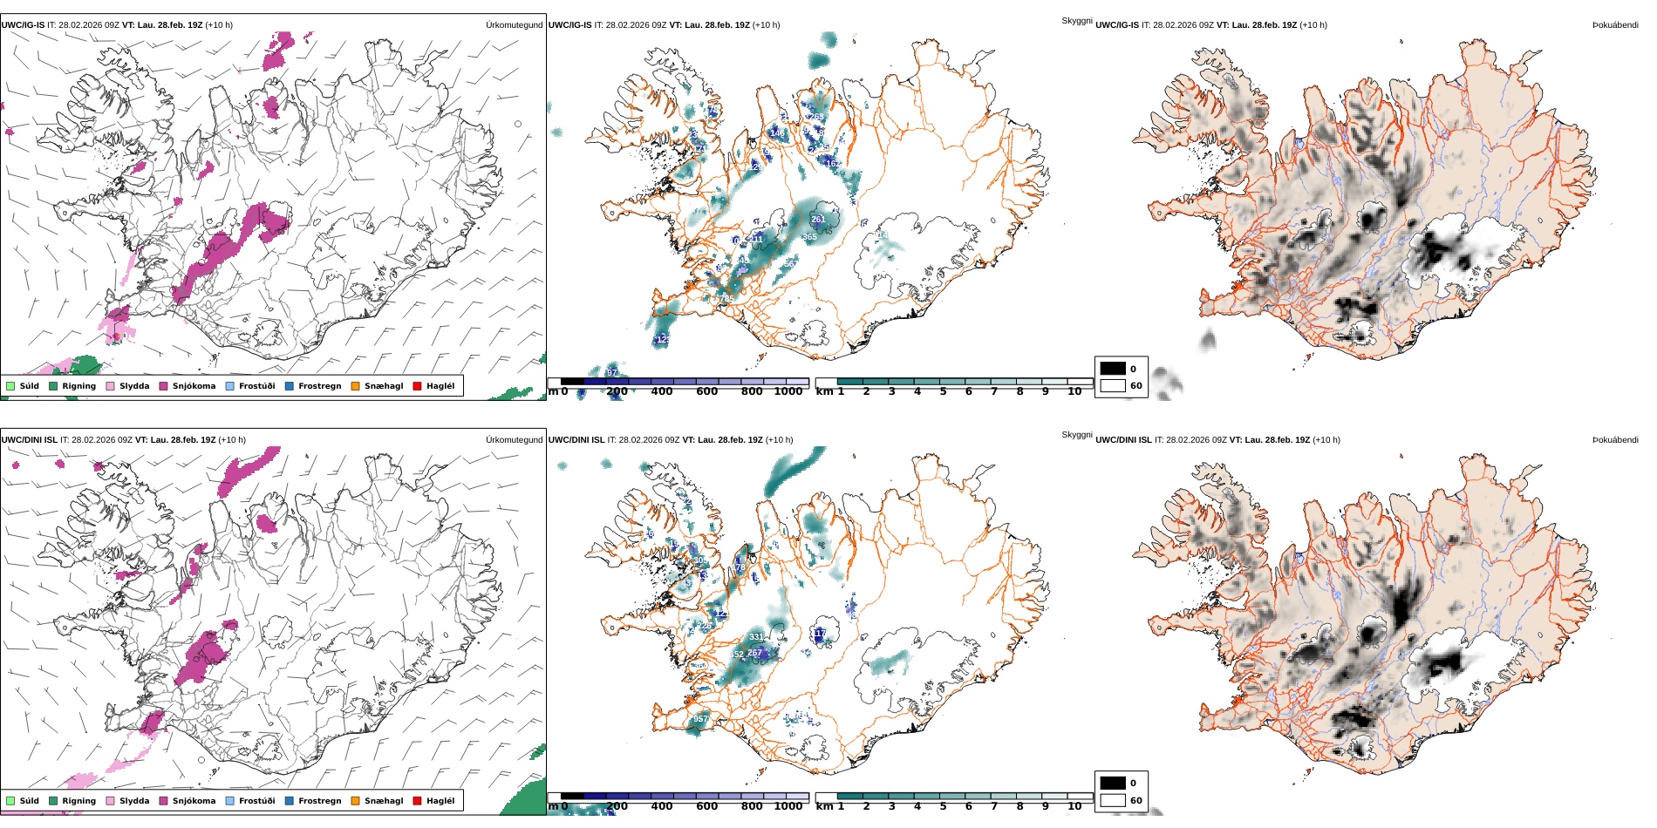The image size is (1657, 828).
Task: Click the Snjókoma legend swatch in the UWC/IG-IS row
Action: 163,386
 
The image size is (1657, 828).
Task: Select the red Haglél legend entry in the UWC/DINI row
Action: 417,801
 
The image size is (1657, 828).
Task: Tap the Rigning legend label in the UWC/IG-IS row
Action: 78,386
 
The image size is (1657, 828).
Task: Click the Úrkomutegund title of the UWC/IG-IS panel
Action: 514,25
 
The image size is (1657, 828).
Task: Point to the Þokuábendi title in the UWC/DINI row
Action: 1615,440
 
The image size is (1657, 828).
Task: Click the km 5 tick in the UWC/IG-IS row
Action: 943,392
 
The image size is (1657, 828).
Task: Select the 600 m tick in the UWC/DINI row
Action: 707,806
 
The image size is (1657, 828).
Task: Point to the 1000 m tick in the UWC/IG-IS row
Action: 788,392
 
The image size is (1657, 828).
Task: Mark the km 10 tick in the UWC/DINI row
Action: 1074,806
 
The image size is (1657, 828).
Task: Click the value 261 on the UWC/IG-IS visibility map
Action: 818,220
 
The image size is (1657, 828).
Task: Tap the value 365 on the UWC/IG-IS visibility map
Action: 810,237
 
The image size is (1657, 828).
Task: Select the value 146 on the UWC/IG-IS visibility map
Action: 776,133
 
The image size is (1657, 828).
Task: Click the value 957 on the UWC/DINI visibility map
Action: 699,720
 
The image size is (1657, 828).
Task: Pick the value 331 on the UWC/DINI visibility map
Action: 756,637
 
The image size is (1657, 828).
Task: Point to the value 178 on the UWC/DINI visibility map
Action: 740,567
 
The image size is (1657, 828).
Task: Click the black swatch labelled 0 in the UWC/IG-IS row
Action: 1113,369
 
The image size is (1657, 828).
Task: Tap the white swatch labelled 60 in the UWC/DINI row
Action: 1113,800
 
